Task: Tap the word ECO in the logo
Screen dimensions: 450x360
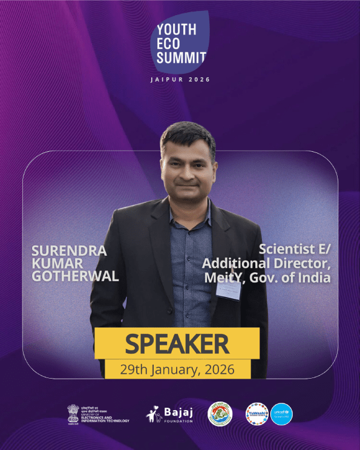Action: pos(168,44)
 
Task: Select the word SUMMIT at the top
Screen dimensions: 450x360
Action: pos(182,59)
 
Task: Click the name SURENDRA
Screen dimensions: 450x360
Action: pos(70,250)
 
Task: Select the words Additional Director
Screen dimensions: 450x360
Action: pos(266,264)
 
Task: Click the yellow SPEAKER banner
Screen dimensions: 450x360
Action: pos(177,344)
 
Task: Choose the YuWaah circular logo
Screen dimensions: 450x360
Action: pos(257,414)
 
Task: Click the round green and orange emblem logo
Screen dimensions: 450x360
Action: pos(220,414)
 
